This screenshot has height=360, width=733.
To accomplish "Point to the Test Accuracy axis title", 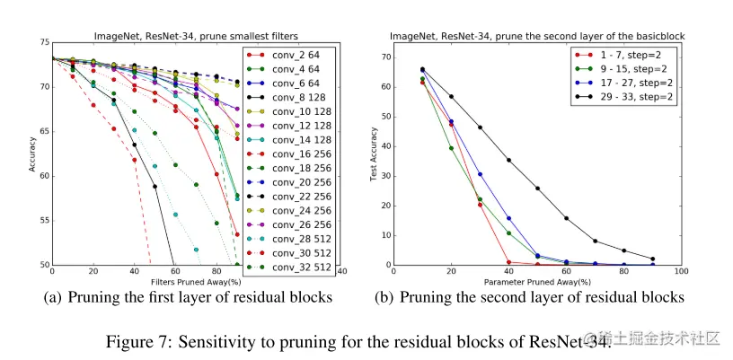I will click(374, 154).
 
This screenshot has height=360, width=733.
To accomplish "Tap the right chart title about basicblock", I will click(536, 36).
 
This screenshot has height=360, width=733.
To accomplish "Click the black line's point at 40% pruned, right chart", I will click(508, 160).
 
